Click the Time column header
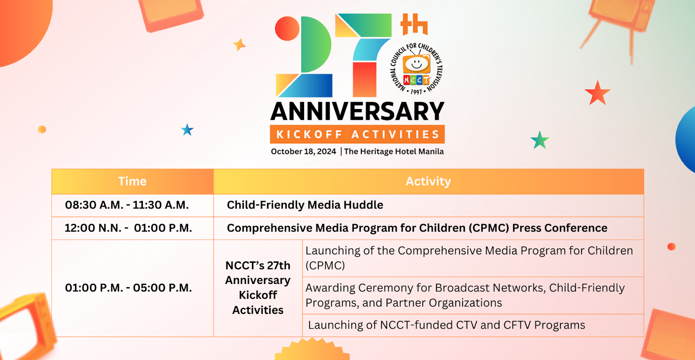(x=132, y=182)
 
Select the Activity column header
(x=428, y=182)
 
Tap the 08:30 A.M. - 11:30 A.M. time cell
(x=127, y=205)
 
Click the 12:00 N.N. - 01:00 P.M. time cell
(x=128, y=228)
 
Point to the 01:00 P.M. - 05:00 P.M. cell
(x=128, y=288)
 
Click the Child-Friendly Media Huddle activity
(x=305, y=205)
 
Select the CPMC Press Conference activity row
(x=417, y=228)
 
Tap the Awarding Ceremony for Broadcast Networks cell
(x=465, y=295)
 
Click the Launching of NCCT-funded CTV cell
(x=446, y=325)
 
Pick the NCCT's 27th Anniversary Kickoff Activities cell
(x=258, y=288)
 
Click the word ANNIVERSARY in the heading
(x=357, y=112)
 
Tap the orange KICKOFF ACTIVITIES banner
(x=357, y=135)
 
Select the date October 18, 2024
(x=303, y=152)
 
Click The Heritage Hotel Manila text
(x=394, y=152)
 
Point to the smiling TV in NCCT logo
(x=417, y=64)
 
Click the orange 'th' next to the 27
(x=414, y=25)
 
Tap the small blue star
(x=187, y=130)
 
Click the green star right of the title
(x=539, y=140)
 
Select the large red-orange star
(x=597, y=93)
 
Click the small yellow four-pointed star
(x=239, y=44)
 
